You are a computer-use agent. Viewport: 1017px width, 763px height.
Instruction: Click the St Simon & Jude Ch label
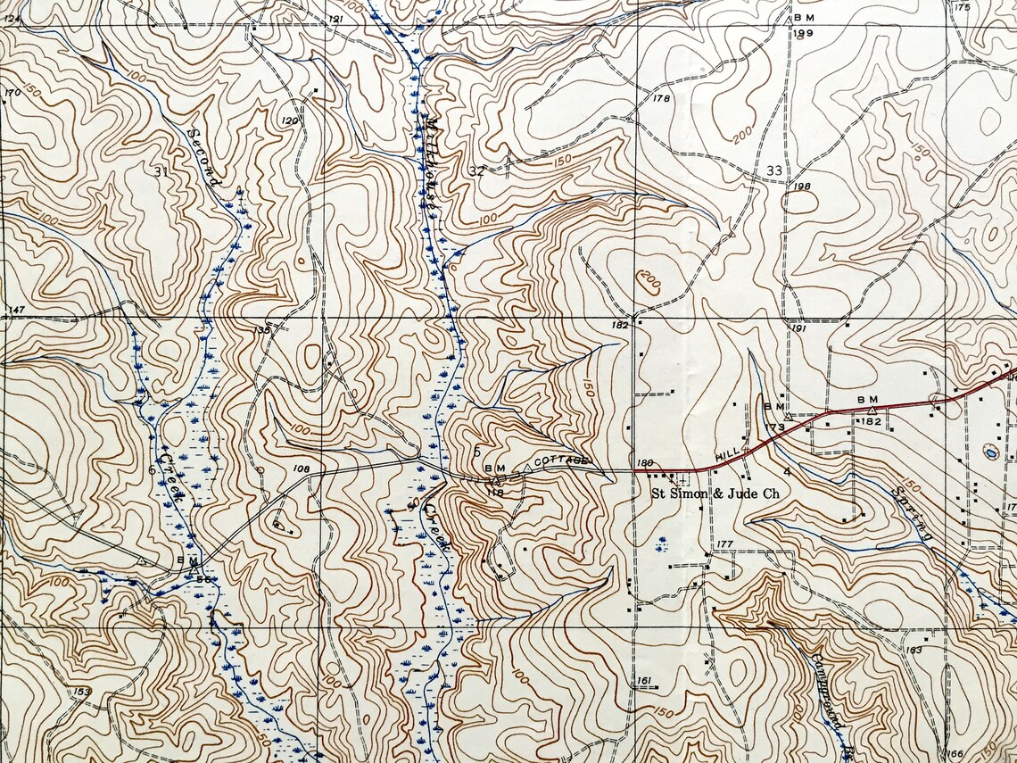click(x=715, y=493)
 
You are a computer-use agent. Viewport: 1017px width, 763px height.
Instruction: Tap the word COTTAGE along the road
click(x=561, y=460)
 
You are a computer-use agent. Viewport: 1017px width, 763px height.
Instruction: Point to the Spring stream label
click(x=911, y=514)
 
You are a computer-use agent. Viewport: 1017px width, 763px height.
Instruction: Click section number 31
click(x=161, y=171)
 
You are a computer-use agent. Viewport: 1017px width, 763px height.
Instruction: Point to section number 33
click(x=773, y=170)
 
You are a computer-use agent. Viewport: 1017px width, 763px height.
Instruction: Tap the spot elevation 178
click(x=661, y=98)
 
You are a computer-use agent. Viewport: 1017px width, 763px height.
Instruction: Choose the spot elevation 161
click(x=643, y=682)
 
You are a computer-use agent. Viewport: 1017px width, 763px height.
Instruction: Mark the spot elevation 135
click(x=260, y=330)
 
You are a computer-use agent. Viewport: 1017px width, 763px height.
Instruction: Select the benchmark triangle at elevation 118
click(x=495, y=481)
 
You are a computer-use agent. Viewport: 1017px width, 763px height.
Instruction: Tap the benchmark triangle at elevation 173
click(x=787, y=416)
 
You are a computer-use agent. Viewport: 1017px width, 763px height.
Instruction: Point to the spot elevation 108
click(x=301, y=468)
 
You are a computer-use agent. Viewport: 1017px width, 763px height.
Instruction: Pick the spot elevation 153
click(x=82, y=692)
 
